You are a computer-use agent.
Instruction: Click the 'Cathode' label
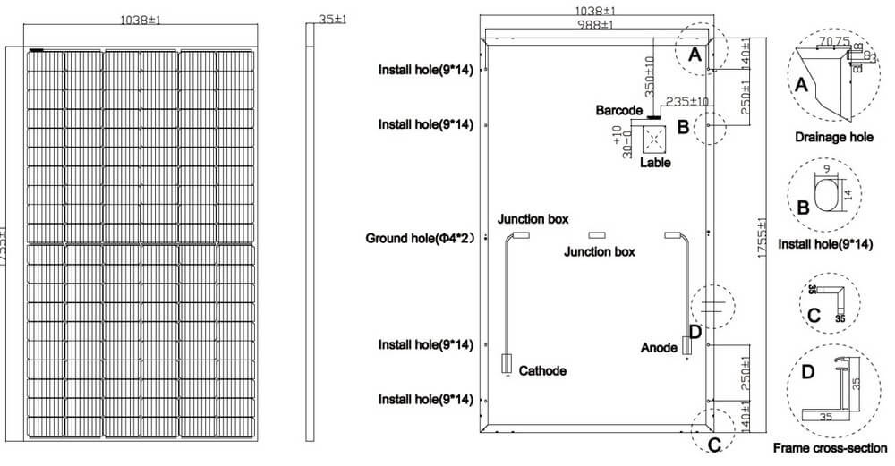click(542, 370)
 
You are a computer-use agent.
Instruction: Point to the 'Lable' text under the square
click(655, 163)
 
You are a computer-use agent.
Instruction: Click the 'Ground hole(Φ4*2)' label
click(420, 239)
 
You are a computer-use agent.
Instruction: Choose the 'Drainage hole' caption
click(833, 138)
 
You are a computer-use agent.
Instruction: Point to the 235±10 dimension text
click(687, 102)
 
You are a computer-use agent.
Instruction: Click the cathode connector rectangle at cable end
click(506, 364)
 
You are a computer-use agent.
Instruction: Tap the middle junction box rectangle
click(598, 234)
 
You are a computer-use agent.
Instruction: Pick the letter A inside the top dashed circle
click(694, 54)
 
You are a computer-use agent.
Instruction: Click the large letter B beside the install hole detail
click(803, 208)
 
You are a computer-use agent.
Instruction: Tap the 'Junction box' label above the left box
click(533, 219)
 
